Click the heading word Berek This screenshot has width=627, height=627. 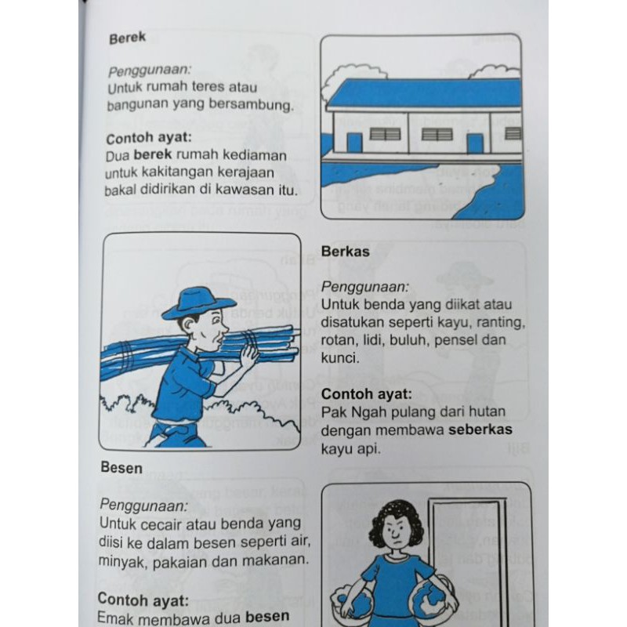[x=127, y=38]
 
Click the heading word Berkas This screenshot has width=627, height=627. [x=345, y=252]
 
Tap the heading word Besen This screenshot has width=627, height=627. [x=121, y=467]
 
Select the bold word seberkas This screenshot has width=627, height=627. [x=480, y=429]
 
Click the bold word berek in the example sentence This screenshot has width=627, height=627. [x=152, y=154]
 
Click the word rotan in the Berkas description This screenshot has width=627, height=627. [x=338, y=340]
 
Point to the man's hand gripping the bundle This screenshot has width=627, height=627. [x=248, y=355]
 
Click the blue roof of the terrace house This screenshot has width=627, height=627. [x=425, y=92]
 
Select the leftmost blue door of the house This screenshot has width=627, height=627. [x=354, y=143]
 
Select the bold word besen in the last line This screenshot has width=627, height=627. [x=267, y=616]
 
